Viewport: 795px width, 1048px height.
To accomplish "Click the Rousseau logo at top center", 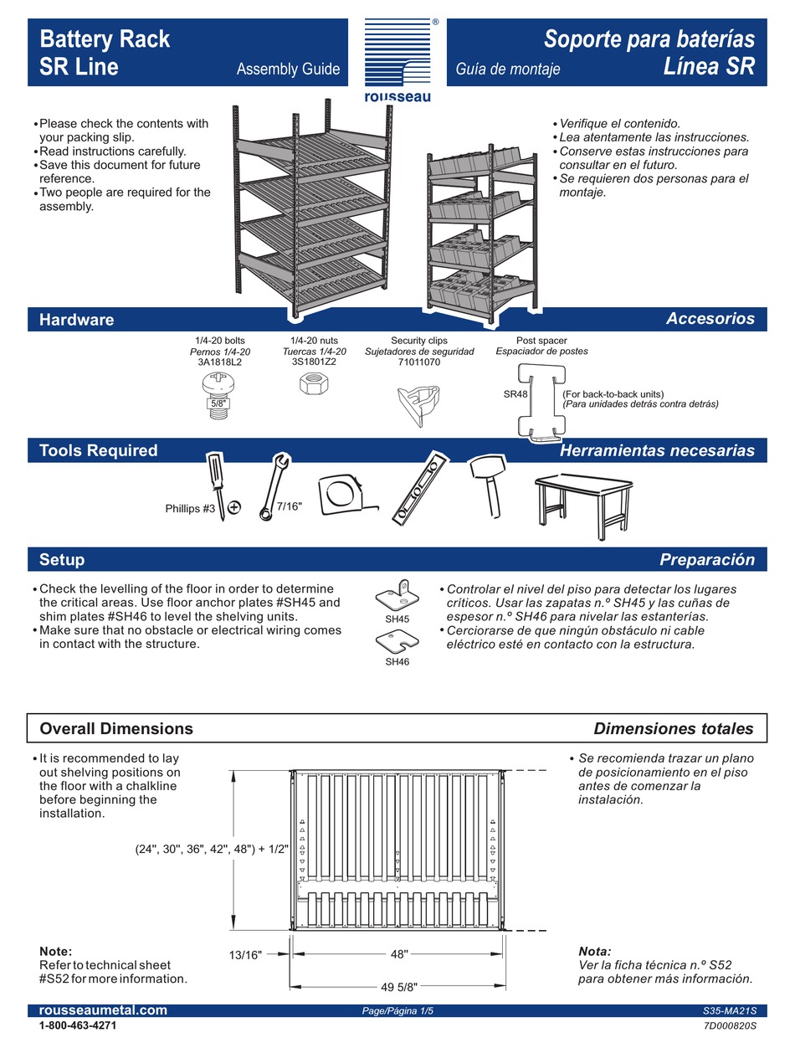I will [x=397, y=59].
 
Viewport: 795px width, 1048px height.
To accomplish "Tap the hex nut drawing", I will [x=312, y=385].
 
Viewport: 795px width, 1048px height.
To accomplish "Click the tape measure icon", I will [x=344, y=493].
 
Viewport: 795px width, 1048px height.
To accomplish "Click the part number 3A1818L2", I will [x=219, y=362].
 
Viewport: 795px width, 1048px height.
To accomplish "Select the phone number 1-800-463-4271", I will [x=78, y=1025].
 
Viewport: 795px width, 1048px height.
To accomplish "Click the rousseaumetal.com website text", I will [x=103, y=1010].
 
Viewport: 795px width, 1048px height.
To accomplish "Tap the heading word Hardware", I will [x=76, y=319].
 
